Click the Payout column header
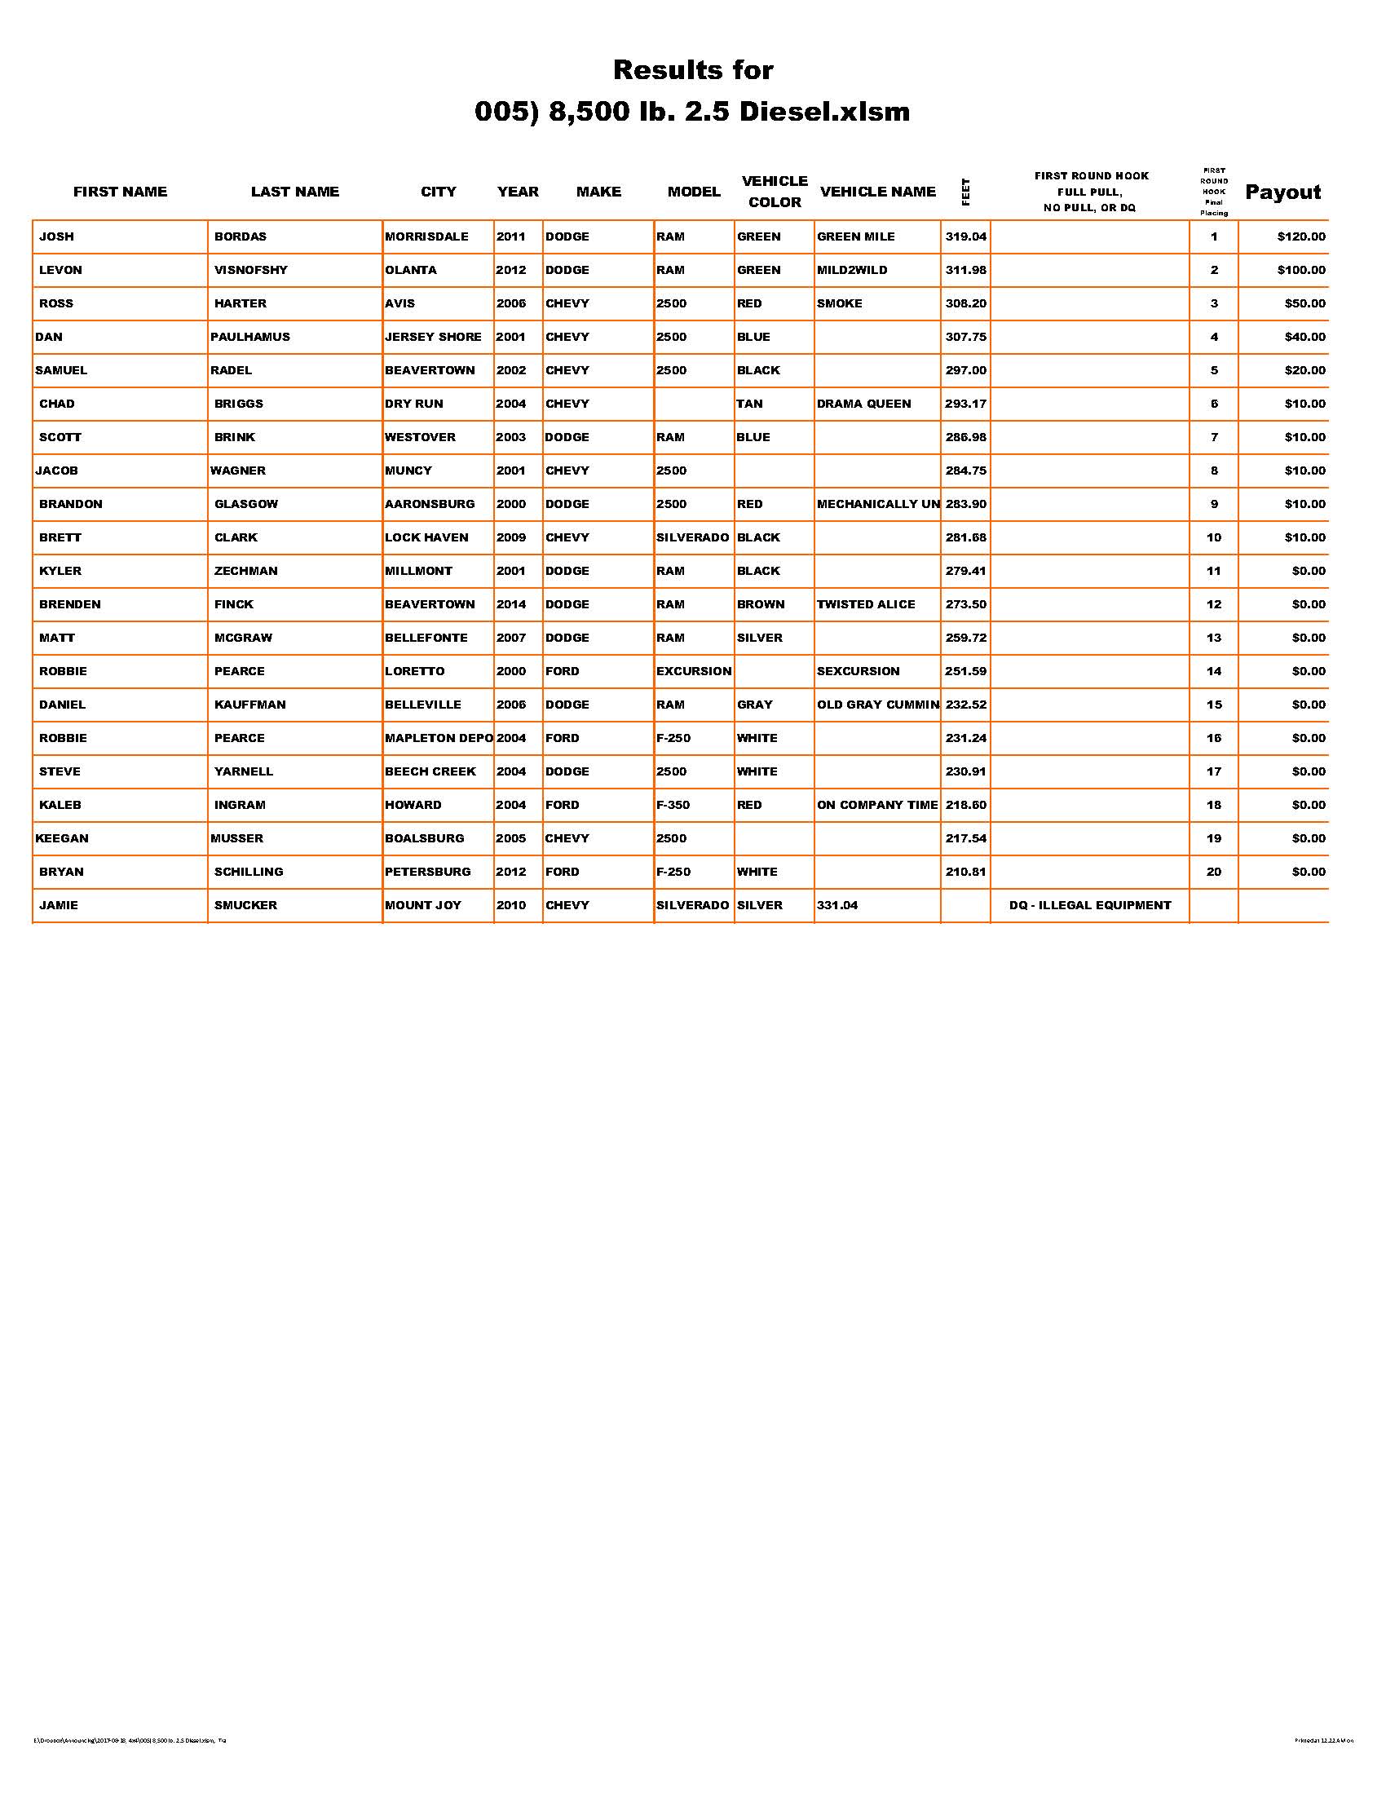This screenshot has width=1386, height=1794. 1282,192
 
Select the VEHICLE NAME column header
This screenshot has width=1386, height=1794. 878,192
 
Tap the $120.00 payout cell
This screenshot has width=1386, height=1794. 1300,236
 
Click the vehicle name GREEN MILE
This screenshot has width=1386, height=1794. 855,236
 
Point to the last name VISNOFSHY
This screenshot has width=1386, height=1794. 250,270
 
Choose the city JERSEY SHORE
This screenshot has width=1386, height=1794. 433,337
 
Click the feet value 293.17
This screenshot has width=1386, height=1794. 965,404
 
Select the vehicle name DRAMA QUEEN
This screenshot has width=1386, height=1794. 863,404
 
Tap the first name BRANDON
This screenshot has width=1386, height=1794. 71,504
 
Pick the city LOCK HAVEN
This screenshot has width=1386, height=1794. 426,538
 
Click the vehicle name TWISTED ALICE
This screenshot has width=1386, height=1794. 865,604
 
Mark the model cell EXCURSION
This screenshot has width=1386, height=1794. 694,671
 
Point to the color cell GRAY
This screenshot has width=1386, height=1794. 755,705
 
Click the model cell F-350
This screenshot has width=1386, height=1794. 673,805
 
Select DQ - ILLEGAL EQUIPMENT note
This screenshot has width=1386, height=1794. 1089,905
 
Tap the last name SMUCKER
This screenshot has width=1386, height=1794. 245,905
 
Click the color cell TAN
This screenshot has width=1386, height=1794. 749,404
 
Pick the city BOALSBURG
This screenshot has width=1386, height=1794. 425,838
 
